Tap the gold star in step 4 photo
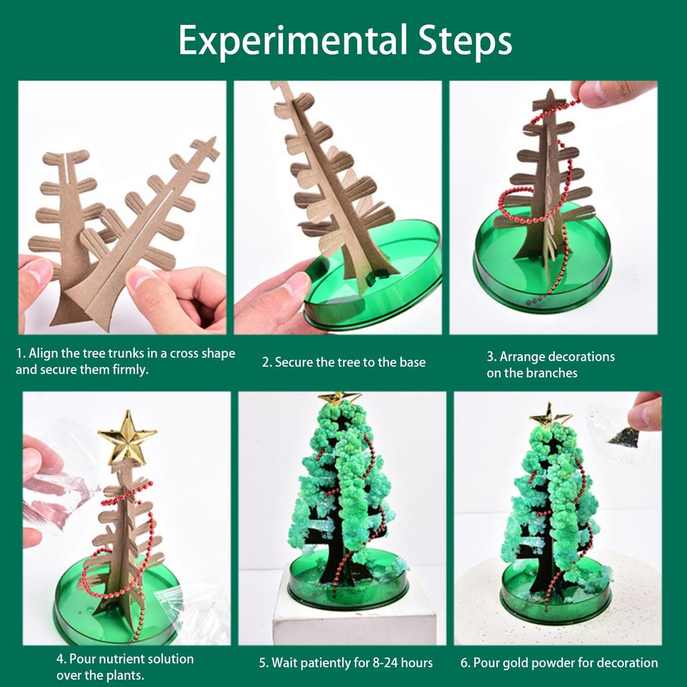[x=127, y=437]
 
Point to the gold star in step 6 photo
[x=550, y=415]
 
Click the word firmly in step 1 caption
[x=127, y=369]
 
